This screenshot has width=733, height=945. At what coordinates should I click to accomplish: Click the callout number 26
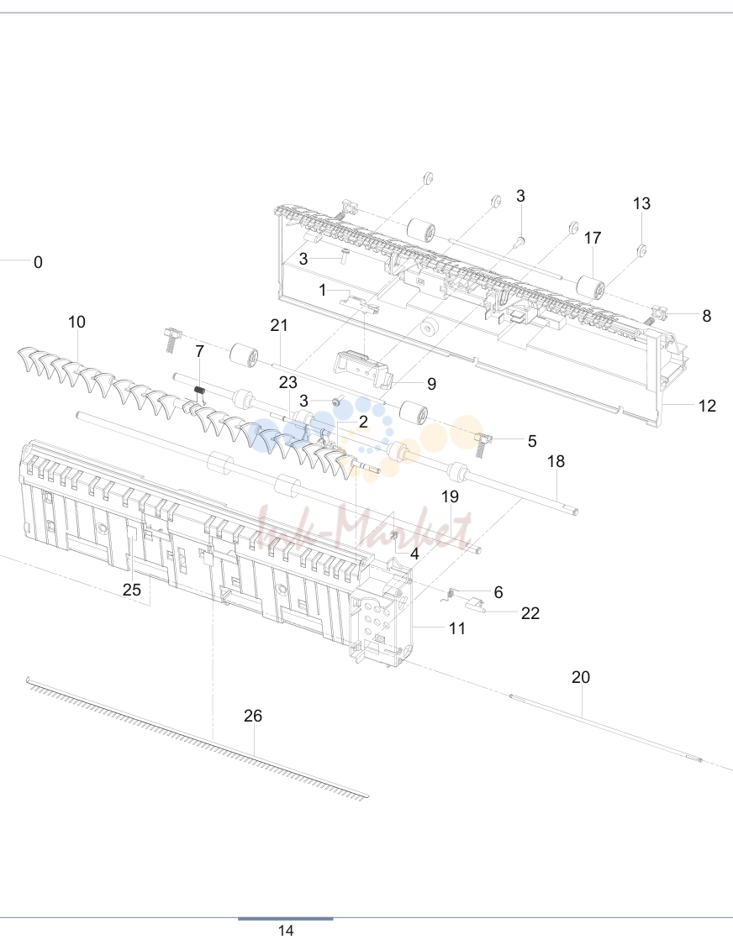[x=253, y=716]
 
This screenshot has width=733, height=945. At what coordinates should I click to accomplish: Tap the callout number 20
[x=580, y=677]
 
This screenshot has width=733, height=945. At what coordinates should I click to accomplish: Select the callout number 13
[x=641, y=203]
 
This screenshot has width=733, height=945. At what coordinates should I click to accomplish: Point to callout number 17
[x=593, y=238]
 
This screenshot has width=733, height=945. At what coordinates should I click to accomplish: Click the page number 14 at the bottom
[x=285, y=931]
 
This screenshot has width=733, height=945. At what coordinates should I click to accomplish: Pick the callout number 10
[x=76, y=322]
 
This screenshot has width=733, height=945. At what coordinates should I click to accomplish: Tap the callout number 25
[x=131, y=590]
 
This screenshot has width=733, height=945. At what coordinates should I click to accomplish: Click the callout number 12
[x=707, y=406]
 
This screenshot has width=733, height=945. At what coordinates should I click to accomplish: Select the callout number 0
[x=38, y=262]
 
